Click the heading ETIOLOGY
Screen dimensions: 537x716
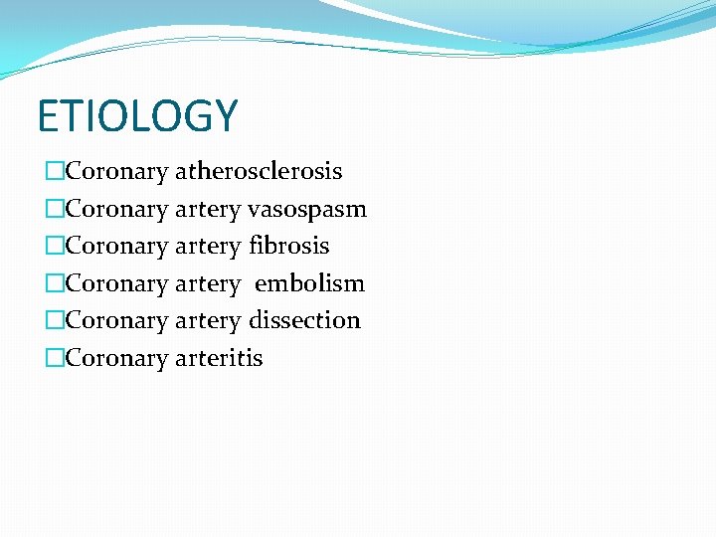click(x=137, y=116)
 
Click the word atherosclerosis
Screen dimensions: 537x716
click(x=259, y=171)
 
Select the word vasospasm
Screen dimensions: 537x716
click(x=307, y=209)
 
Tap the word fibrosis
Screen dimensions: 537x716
click(x=289, y=246)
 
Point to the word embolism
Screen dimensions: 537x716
click(x=309, y=283)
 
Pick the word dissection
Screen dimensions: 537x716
click(x=304, y=320)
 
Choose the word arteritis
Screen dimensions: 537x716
click(x=219, y=358)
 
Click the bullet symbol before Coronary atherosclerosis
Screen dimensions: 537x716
click(x=54, y=172)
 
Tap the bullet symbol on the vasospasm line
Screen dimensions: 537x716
click(x=54, y=210)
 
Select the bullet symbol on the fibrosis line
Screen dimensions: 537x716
click(x=54, y=247)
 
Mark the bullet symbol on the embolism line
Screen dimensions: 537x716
click(x=54, y=284)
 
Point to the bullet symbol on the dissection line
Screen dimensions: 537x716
click(x=54, y=321)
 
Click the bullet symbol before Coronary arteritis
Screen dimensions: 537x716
click(x=54, y=359)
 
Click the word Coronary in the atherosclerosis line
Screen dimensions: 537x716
click(x=116, y=172)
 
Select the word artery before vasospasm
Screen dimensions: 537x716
click(x=208, y=210)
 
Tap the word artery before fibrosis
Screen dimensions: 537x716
click(x=208, y=247)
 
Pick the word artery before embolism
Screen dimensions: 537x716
click(x=208, y=284)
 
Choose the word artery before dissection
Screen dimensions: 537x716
click(x=208, y=321)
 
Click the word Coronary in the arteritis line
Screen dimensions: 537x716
click(x=116, y=359)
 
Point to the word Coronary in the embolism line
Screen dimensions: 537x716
click(x=116, y=284)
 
